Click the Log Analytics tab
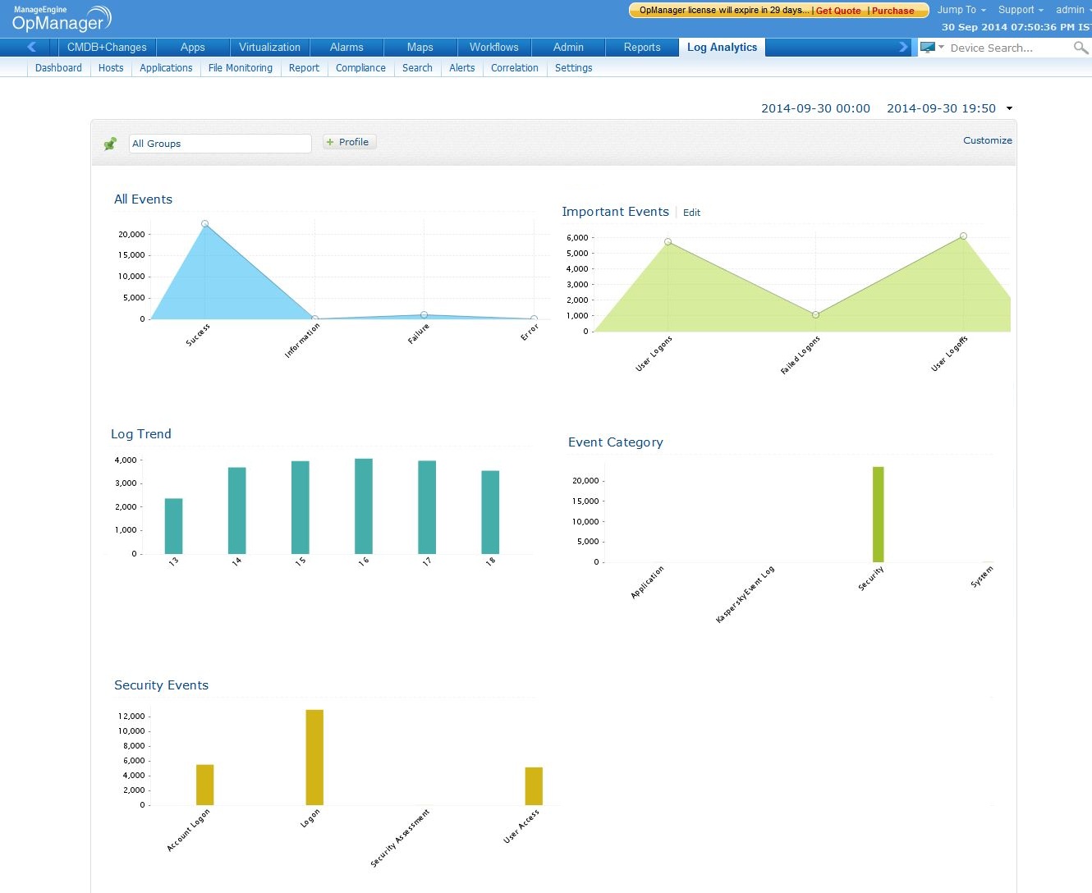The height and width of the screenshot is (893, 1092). pos(722,48)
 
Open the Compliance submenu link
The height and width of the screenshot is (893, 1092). pos(360,68)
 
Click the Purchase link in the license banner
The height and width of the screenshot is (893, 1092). pos(892,11)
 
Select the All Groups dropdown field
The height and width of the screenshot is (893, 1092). pos(220,144)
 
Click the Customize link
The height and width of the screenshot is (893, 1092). pos(987,140)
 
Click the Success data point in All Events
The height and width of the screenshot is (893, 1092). pos(205,224)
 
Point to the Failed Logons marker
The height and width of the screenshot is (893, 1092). pos(815,314)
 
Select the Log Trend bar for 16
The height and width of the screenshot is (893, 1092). pos(364,506)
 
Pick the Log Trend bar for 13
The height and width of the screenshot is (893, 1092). pos(173,525)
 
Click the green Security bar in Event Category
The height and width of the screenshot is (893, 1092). pos(878,515)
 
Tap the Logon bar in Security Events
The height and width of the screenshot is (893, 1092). pos(314,757)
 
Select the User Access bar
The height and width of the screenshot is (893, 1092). pos(534,785)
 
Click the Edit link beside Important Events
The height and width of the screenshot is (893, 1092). pos(691,213)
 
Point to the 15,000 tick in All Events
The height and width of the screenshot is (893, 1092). pos(131,255)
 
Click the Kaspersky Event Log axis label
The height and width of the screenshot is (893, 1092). pos(745,594)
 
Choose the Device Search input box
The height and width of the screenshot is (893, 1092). pos(1008,48)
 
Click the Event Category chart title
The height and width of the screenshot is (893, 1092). pos(615,442)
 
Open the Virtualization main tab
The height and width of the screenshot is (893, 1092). pos(269,48)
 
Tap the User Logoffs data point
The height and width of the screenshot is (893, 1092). pos(963,236)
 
